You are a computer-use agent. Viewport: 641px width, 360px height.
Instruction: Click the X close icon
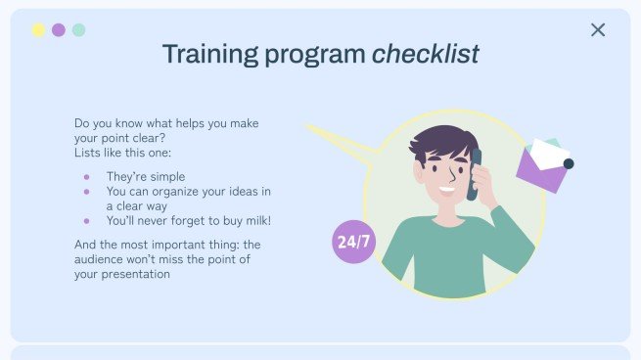pos(598,30)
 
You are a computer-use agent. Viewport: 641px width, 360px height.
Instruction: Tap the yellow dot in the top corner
pos(38,30)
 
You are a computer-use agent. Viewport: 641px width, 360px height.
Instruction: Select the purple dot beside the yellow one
pos(59,30)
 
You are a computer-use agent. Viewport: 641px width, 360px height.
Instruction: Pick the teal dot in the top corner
pos(78,30)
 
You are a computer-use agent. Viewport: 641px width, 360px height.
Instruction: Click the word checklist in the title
pos(425,55)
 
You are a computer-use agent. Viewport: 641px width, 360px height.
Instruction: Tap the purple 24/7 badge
pos(353,242)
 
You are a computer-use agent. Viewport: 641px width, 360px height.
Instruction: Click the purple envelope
pos(543,166)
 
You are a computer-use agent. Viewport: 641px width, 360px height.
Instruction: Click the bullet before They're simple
pos(86,177)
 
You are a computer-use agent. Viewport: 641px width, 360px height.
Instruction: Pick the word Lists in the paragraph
pos(89,154)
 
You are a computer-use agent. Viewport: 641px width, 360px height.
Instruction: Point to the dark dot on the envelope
pos(569,163)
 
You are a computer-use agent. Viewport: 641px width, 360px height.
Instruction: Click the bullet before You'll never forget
pos(86,221)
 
